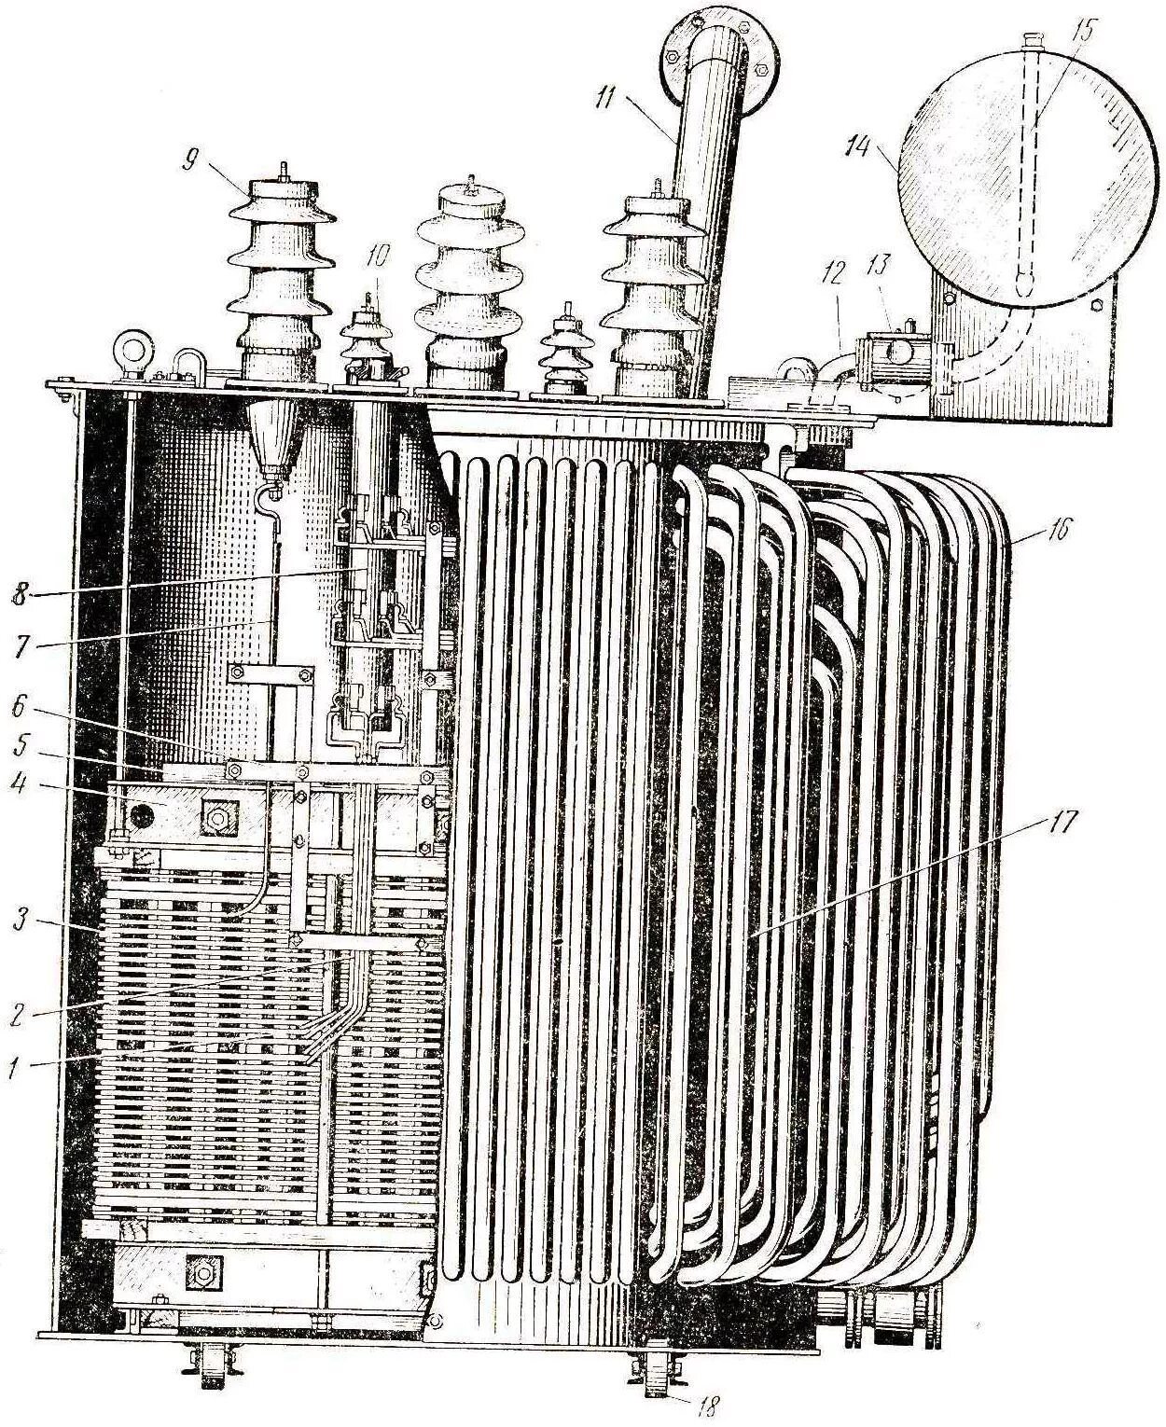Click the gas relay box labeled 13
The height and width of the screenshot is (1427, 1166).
(894, 354)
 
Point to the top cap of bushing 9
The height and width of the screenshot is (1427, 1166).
(282, 187)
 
